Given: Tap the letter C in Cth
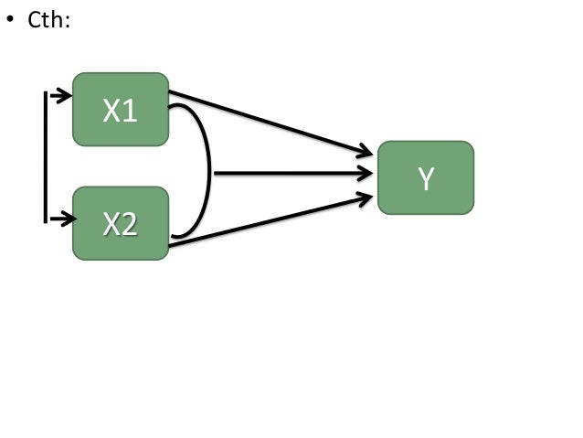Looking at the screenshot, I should (x=34, y=19).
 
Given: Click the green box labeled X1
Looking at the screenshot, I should (x=121, y=110).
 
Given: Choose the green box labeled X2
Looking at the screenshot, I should (x=121, y=223).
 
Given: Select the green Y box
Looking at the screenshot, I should (x=425, y=177).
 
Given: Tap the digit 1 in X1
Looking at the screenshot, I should (x=131, y=112).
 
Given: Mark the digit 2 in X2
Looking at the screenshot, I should (x=131, y=224).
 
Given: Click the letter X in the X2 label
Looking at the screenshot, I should (x=111, y=224).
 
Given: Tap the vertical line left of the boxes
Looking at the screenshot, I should (x=45, y=155).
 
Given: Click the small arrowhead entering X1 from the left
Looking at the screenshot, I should (x=65, y=94).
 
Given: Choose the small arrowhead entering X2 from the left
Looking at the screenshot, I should (x=65, y=219).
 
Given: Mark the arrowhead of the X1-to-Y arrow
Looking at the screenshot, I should (x=367, y=153).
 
